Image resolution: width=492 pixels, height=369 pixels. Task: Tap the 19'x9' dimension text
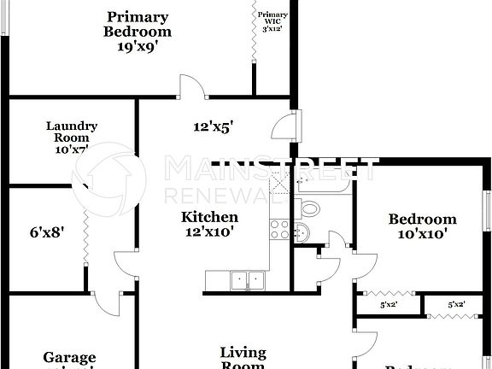tap(138, 49)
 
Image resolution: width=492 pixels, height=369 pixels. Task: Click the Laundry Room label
tap(72, 132)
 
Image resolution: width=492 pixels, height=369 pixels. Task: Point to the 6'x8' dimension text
tap(47, 230)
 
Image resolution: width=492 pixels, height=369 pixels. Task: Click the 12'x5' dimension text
tap(213, 126)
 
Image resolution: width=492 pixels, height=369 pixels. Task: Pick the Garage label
tap(70, 358)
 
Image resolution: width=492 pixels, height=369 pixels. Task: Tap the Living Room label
tap(243, 358)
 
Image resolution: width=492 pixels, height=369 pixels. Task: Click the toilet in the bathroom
tap(310, 207)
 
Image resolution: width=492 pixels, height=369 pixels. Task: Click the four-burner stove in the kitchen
tap(279, 228)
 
